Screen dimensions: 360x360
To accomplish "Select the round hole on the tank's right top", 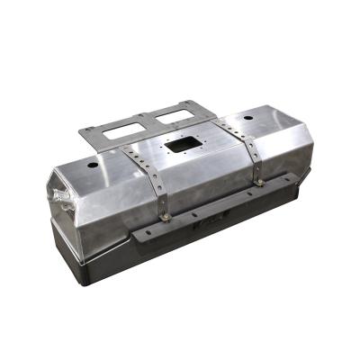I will click(x=249, y=118).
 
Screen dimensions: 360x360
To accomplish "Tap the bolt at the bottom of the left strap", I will click(x=166, y=215).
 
